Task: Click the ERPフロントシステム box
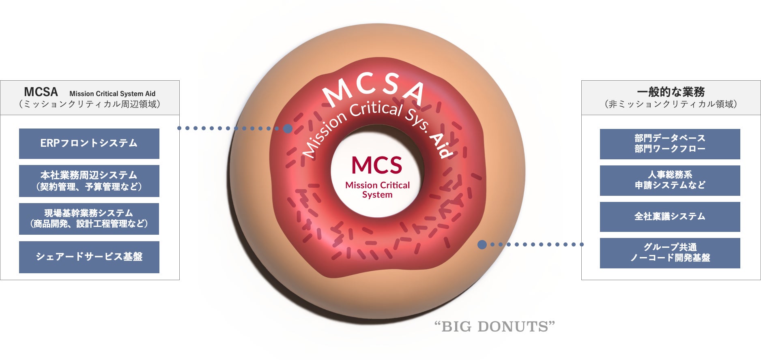tap(89, 144)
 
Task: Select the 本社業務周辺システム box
tap(89, 181)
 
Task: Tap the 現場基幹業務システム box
tap(89, 219)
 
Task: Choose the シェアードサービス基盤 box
tap(89, 257)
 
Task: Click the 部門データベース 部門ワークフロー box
tap(670, 144)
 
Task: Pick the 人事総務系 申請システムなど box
tap(670, 180)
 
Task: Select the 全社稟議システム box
tap(670, 217)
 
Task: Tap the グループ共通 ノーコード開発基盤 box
tap(670, 253)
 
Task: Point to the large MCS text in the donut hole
tap(377, 165)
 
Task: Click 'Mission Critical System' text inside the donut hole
tap(377, 190)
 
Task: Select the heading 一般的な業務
tap(671, 92)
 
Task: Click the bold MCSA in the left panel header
tap(41, 92)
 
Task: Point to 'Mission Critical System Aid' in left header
tap(112, 94)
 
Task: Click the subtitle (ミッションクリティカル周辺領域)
tap(90, 104)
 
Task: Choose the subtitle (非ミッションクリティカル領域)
tap(671, 104)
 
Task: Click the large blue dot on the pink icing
tap(288, 129)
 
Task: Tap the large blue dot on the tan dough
tap(482, 244)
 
